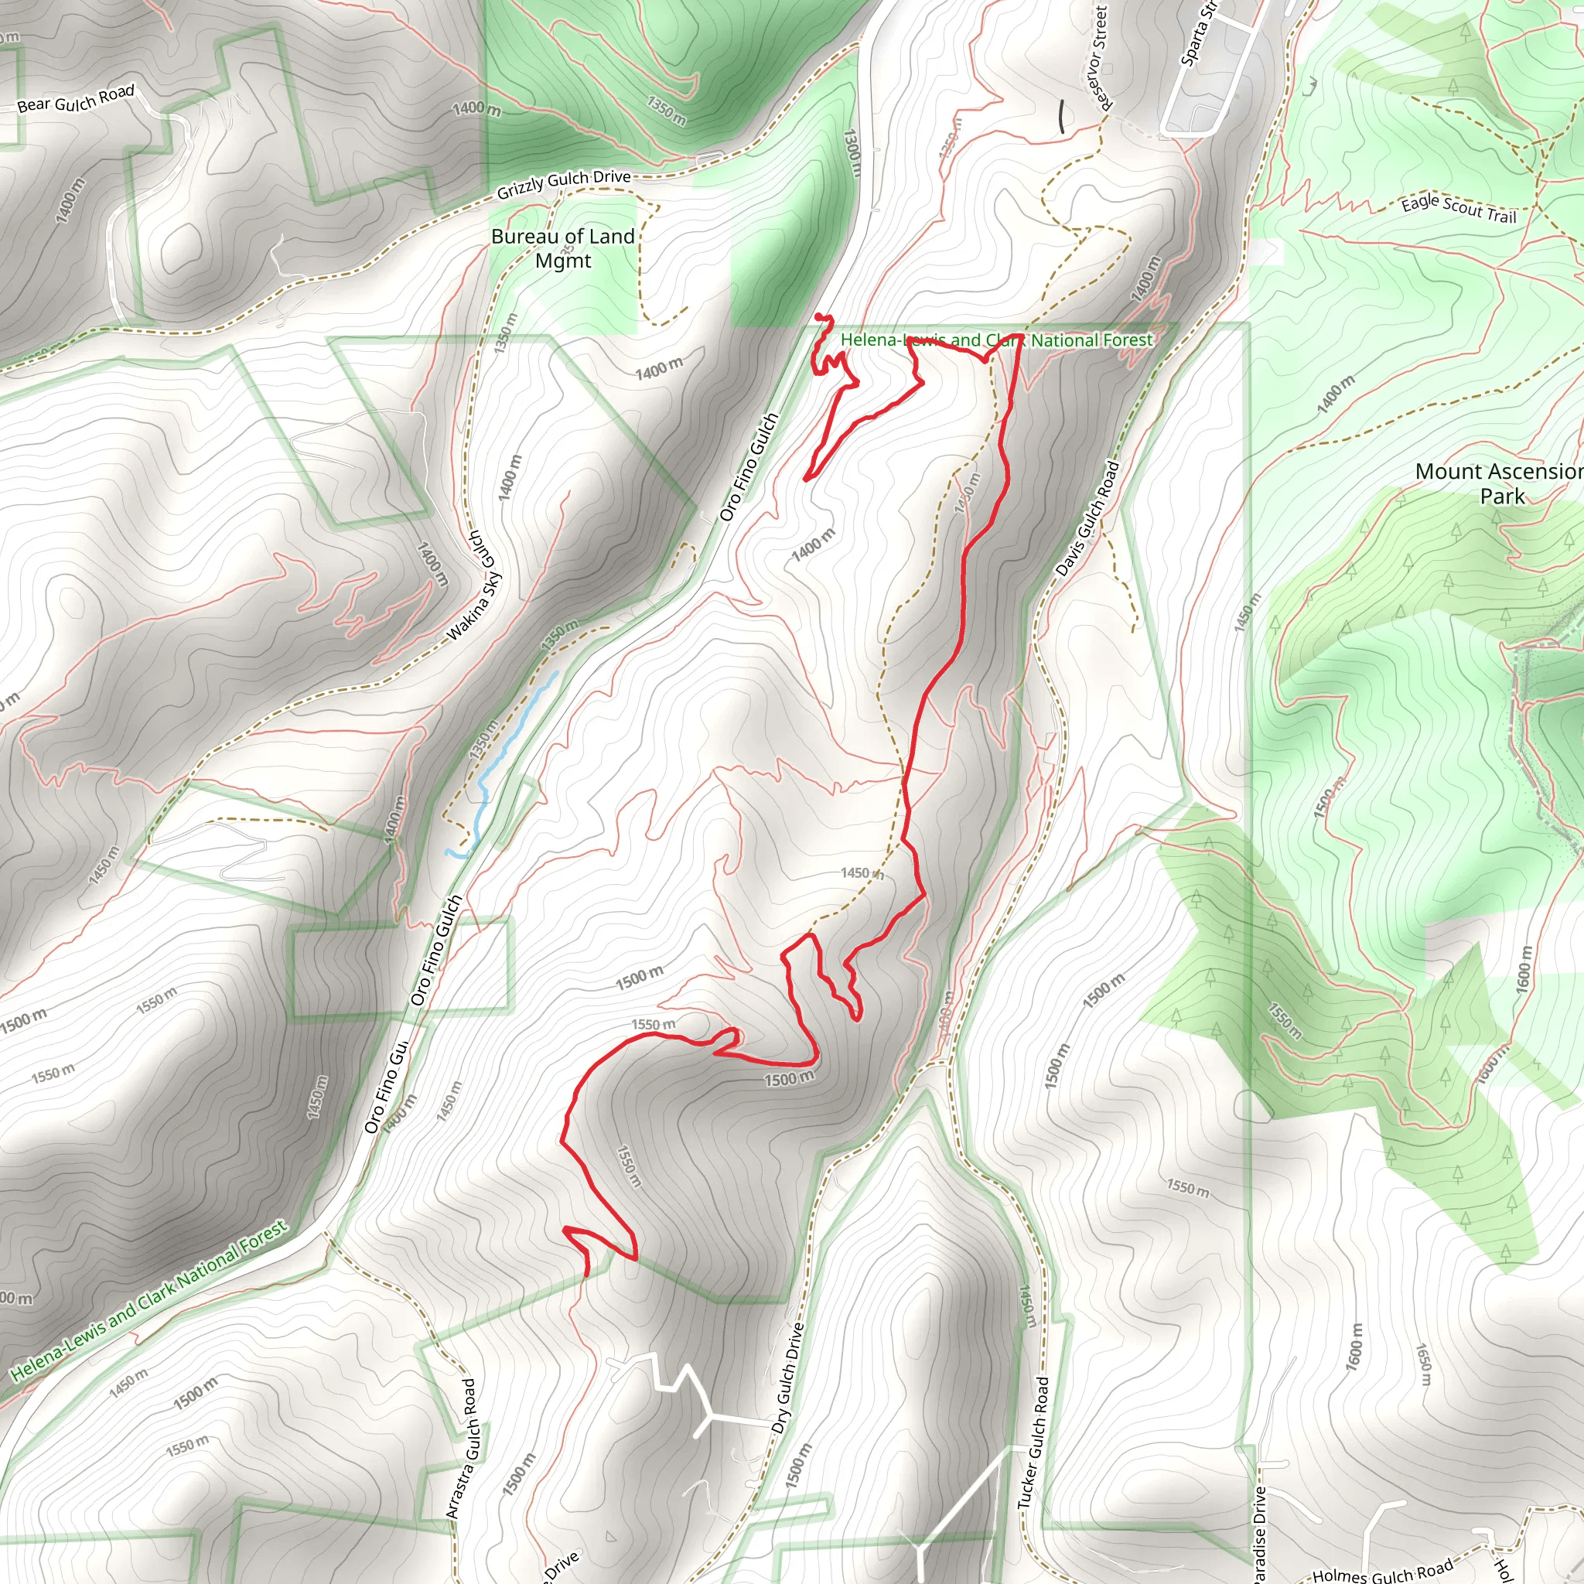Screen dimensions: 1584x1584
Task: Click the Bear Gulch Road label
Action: pyautogui.click(x=76, y=99)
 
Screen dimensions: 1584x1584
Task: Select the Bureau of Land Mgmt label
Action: pyautogui.click(x=563, y=248)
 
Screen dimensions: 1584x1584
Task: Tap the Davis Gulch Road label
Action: pyautogui.click(x=1087, y=519)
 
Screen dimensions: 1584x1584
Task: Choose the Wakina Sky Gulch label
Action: pyautogui.click(x=475, y=585)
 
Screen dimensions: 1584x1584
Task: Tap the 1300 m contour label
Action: pyautogui.click(x=852, y=152)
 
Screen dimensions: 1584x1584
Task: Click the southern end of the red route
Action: pyautogui.click(x=587, y=1275)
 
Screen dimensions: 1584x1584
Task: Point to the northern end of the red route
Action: pyautogui.click(x=819, y=316)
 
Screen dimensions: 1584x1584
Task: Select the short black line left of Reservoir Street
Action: pyautogui.click(x=1062, y=117)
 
